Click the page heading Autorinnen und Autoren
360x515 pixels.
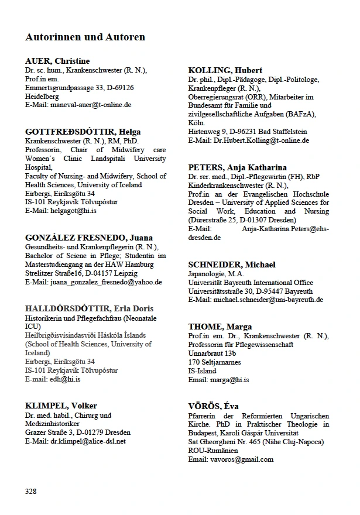85,37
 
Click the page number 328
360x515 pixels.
31,490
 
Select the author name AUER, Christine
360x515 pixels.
57,61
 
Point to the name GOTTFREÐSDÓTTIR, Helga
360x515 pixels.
83,132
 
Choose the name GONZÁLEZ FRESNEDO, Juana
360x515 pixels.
89,238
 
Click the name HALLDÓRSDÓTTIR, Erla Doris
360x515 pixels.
90,308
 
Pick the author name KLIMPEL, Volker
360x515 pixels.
61,406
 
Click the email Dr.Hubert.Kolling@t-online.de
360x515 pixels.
260,140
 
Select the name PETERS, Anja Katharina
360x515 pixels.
237,167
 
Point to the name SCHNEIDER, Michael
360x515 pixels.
232,264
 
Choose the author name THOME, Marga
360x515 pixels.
220,326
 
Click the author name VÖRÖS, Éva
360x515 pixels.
213,406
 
